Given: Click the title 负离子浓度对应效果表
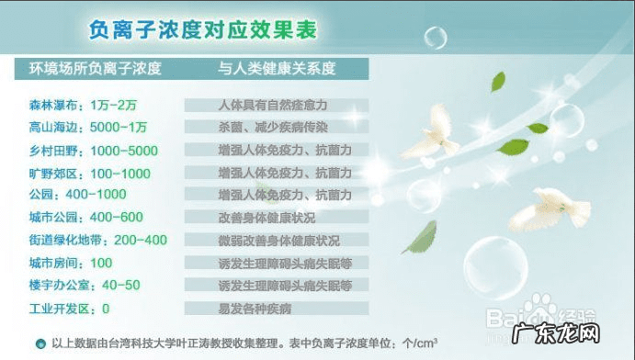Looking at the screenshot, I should (203, 30).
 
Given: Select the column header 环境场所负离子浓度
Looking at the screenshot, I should (96, 69).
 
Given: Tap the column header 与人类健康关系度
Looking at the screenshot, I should (277, 69).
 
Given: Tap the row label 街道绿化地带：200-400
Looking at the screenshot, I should (98, 240).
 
